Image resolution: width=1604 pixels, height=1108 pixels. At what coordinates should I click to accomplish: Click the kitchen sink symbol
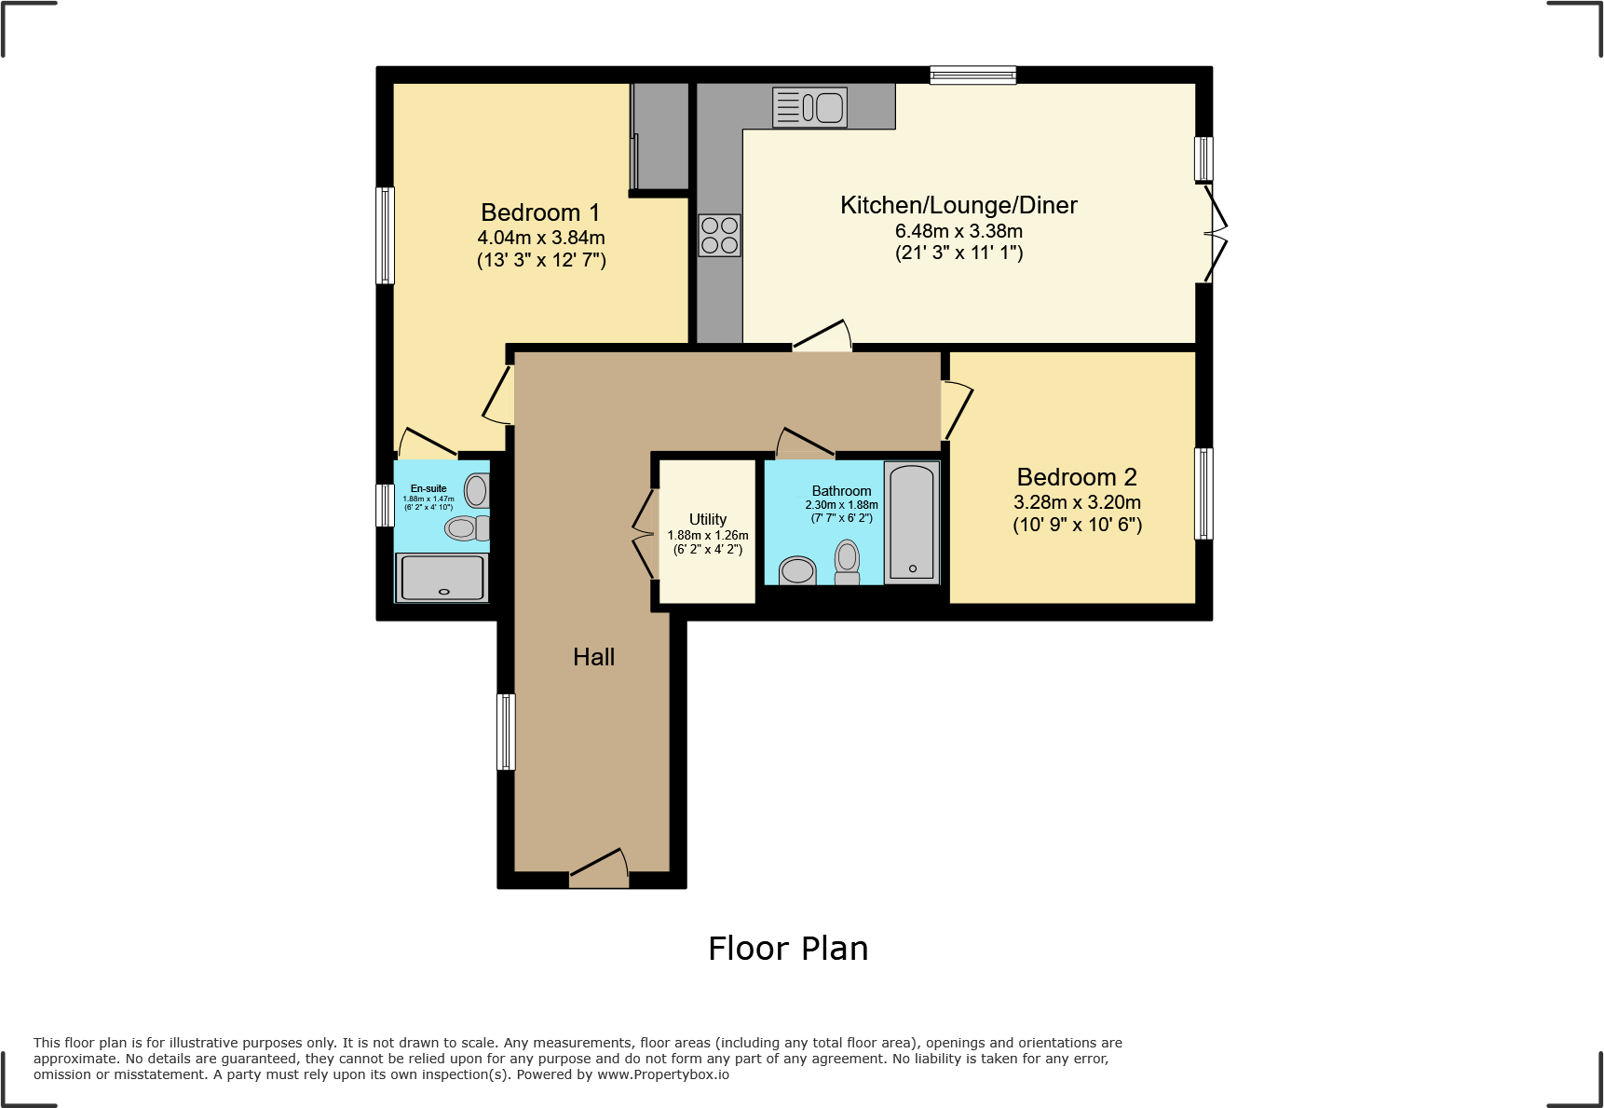click(809, 107)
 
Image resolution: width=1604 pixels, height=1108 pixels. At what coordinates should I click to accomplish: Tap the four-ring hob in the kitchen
click(719, 235)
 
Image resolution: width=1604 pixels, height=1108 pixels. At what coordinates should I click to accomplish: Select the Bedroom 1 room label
click(540, 212)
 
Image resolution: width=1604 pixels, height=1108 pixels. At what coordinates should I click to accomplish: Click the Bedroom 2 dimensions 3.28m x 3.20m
click(1077, 502)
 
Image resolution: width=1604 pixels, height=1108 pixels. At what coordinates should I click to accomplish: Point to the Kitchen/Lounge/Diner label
click(958, 205)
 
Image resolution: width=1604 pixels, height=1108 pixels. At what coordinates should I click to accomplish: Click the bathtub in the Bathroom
click(911, 522)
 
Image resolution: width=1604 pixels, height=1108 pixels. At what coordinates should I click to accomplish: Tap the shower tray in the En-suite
click(442, 577)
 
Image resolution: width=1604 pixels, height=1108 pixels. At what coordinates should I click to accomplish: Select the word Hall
click(593, 657)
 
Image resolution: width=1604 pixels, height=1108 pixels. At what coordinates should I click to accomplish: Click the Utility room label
click(707, 519)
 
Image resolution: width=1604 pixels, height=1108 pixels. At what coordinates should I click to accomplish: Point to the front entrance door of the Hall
click(598, 869)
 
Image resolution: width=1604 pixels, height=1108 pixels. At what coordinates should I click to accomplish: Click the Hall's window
click(506, 732)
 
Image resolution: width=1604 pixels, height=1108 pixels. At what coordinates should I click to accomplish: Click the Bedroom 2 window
click(1203, 493)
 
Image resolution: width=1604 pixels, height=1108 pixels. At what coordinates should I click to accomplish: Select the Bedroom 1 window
click(385, 235)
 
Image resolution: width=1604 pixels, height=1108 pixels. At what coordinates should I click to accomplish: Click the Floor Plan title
click(787, 949)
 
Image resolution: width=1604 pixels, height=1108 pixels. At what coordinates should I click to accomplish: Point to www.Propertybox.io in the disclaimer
click(662, 1074)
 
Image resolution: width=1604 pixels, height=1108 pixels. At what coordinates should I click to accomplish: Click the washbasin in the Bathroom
click(797, 570)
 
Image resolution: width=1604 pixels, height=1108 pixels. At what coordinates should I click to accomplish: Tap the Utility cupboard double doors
click(643, 534)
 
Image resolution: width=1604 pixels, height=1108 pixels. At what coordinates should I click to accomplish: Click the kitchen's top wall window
click(972, 75)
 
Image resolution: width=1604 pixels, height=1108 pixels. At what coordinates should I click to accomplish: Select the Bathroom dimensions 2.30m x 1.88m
click(841, 505)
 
